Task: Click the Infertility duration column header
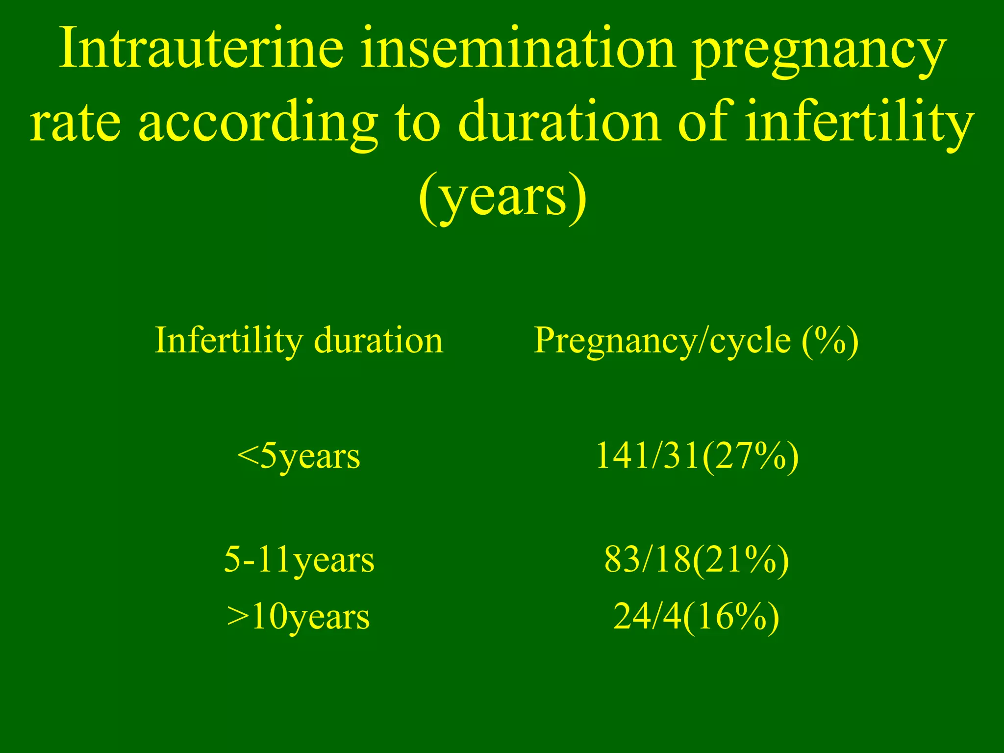[299, 340]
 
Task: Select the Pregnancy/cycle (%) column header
[696, 340]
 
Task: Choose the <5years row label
[298, 456]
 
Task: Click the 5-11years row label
[299, 559]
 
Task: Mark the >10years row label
[298, 617]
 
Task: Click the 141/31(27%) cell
[697, 456]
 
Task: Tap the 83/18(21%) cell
[696, 559]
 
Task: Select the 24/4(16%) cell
[696, 617]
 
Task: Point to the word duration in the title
[559, 123]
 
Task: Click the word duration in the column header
[378, 340]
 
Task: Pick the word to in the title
[418, 123]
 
